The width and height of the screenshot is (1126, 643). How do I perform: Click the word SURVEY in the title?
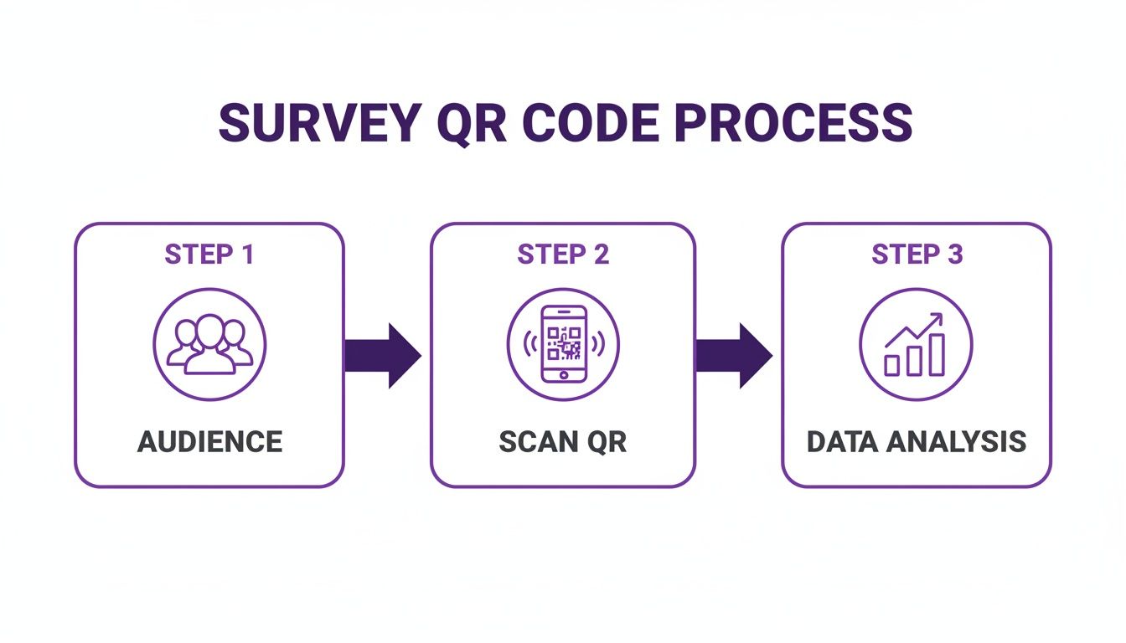tap(318, 124)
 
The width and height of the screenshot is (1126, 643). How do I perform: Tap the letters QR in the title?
tap(470, 124)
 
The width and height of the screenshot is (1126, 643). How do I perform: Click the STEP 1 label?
tap(209, 255)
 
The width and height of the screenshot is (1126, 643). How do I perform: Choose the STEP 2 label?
tap(563, 255)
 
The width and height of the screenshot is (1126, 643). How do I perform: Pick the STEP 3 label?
tap(917, 255)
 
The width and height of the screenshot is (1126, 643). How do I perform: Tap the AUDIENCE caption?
tap(209, 441)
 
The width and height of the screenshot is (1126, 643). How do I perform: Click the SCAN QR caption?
tap(563, 441)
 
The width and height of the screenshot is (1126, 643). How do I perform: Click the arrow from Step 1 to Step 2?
tap(382, 355)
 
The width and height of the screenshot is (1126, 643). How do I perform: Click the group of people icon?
tap(209, 344)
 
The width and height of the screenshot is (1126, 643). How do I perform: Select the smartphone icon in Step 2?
tap(563, 344)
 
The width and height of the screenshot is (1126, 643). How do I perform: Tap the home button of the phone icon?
tap(563, 373)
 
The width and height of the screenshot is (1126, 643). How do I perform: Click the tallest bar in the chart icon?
tap(937, 354)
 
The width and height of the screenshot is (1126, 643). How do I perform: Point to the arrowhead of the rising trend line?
tap(937, 319)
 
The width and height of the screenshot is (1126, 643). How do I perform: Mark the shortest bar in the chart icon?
tap(893, 365)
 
